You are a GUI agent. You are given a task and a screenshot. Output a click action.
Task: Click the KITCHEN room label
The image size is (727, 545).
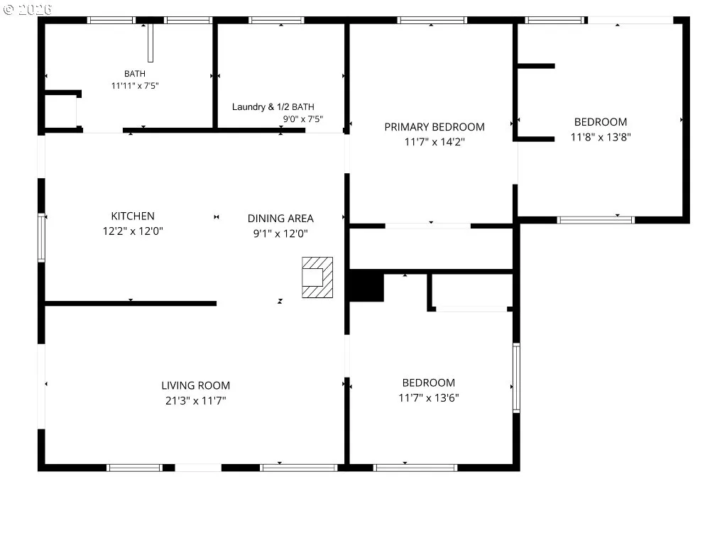(x=133, y=216)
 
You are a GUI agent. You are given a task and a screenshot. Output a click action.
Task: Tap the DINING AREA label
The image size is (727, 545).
(x=280, y=219)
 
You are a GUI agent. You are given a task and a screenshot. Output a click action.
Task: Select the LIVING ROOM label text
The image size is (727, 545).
(x=196, y=385)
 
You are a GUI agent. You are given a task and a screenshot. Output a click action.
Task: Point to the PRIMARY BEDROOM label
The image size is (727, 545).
(x=434, y=127)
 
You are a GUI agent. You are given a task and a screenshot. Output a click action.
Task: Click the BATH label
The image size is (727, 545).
(x=135, y=74)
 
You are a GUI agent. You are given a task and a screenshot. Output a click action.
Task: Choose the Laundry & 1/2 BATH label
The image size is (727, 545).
(x=273, y=107)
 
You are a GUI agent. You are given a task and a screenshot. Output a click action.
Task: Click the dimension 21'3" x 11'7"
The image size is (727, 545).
(x=196, y=400)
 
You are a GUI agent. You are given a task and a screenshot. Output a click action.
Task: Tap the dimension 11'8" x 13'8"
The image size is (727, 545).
(x=601, y=137)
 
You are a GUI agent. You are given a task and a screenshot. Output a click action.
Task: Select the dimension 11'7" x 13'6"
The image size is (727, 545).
(x=429, y=397)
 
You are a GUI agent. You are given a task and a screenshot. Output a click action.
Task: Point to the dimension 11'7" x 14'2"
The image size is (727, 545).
(x=434, y=142)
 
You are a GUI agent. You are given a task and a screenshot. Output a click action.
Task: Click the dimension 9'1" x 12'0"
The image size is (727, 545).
(x=280, y=233)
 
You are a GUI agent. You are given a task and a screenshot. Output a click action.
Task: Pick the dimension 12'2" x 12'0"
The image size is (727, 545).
(x=133, y=231)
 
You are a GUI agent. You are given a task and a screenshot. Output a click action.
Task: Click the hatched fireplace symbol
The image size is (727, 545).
(x=317, y=277)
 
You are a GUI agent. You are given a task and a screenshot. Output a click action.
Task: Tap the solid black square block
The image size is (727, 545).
(x=366, y=286)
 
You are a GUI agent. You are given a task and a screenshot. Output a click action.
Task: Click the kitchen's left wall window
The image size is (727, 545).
(x=41, y=238)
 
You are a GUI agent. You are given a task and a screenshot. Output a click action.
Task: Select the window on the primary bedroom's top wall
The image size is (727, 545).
(x=432, y=20)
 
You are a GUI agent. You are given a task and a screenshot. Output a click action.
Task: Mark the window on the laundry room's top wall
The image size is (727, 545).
(x=276, y=20)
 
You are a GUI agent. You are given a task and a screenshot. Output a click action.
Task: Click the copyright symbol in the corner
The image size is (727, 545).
(x=9, y=9)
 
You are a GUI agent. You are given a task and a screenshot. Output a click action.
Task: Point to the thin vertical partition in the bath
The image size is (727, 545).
(x=151, y=43)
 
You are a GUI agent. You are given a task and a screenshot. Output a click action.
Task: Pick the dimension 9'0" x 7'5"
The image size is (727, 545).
(x=303, y=119)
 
